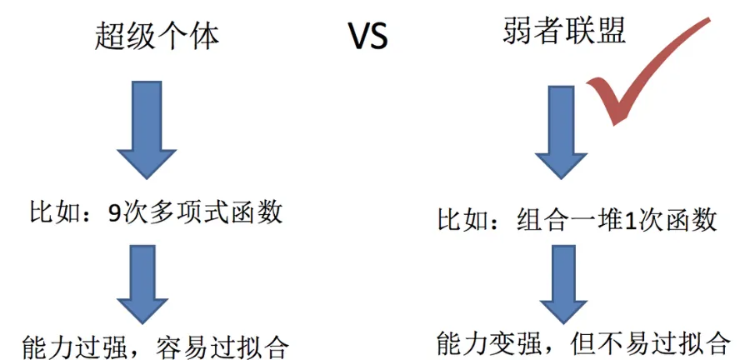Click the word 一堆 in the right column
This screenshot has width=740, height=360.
[x=599, y=220]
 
